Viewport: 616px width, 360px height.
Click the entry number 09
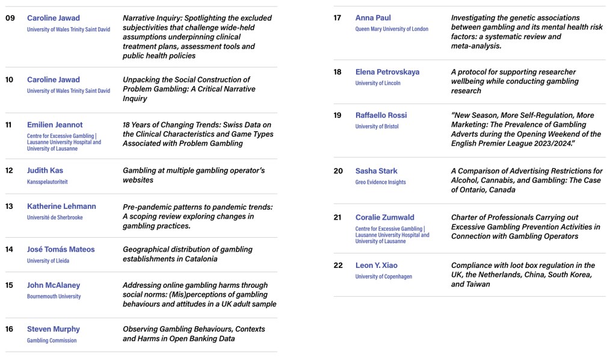pyautogui.click(x=10, y=18)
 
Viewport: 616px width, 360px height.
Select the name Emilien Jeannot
pyautogui.click(x=55, y=125)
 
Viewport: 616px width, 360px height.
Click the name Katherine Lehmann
pyautogui.click(x=61, y=206)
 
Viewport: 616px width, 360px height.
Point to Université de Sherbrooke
pyautogui.click(x=55, y=217)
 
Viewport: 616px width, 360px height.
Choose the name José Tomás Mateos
pyautogui.click(x=61, y=249)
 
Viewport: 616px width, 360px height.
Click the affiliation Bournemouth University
pyautogui.click(x=54, y=296)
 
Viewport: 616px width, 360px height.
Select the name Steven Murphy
pyautogui.click(x=53, y=329)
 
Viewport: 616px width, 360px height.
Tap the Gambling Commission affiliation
pyautogui.click(x=52, y=340)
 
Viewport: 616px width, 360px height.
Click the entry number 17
pyautogui.click(x=337, y=18)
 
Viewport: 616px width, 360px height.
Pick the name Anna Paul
pyautogui.click(x=373, y=18)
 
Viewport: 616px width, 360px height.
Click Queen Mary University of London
pyautogui.click(x=392, y=29)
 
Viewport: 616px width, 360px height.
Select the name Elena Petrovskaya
pyautogui.click(x=387, y=72)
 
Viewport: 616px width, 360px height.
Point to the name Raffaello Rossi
pyautogui.click(x=381, y=116)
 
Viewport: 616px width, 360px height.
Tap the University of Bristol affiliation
pyautogui.click(x=377, y=126)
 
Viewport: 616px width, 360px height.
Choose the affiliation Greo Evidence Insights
pyautogui.click(x=380, y=182)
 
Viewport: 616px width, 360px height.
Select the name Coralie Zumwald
pyautogui.click(x=384, y=217)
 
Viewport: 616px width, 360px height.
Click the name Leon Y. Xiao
pyautogui.click(x=376, y=265)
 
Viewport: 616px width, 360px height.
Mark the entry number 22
pyautogui.click(x=338, y=265)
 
